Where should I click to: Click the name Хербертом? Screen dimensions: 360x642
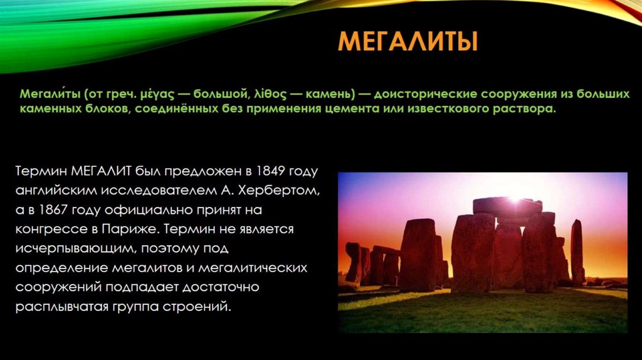click(x=281, y=190)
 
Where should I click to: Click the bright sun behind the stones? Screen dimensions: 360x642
click(x=515, y=199)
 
